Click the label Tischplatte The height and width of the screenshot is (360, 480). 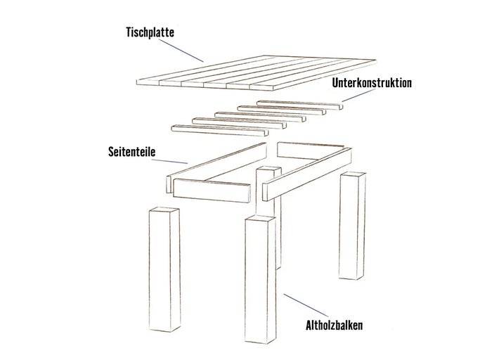tap(150, 32)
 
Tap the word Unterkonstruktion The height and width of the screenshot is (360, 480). tap(372, 83)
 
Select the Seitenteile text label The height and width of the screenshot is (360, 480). tap(132, 152)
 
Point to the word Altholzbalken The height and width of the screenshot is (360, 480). tap(335, 325)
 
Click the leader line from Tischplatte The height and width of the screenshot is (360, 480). tap(181, 51)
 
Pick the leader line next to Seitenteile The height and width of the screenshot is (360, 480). tap(169, 162)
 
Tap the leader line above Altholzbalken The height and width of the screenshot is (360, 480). tap(306, 305)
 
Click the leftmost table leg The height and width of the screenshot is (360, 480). tap(164, 269)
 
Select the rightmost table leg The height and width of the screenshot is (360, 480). tap(352, 226)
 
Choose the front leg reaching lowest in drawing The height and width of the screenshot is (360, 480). tap(260, 279)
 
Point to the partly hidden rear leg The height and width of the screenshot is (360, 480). tap(268, 214)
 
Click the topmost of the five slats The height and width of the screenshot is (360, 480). tap(299, 105)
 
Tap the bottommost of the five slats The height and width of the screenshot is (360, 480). tap(220, 130)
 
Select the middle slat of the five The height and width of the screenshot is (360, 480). tap(260, 117)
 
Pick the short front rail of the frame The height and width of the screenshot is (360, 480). tap(212, 191)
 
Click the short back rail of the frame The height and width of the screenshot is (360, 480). tap(310, 150)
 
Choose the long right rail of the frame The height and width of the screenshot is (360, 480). tap(307, 174)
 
